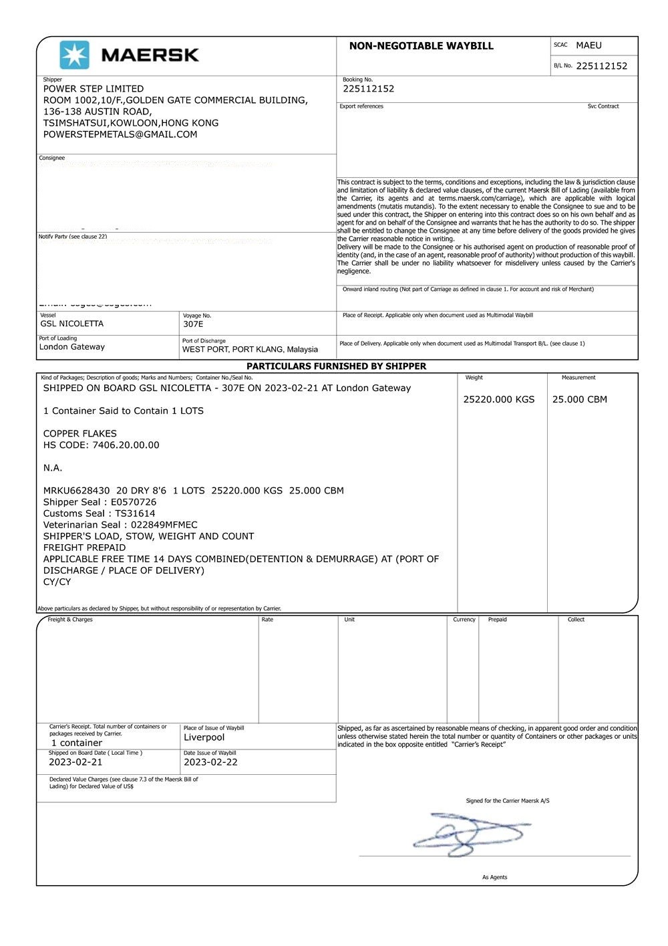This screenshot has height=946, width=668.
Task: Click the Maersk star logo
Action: coord(74,55)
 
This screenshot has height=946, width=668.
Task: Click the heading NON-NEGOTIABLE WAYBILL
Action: coord(421,46)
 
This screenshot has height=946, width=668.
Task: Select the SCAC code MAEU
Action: coord(589,45)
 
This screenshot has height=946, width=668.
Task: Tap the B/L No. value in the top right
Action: coord(601,66)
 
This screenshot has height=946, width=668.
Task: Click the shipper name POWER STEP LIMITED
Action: coord(94,89)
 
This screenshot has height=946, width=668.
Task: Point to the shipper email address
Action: coord(120,134)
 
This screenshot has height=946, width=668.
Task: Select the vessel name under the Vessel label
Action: coord(72,324)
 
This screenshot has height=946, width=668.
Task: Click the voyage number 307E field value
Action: coord(193,324)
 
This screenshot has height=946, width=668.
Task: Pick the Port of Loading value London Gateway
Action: coord(72,347)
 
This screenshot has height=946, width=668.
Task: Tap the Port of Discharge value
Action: coord(250,350)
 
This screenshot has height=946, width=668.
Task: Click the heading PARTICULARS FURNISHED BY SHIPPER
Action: coord(336,366)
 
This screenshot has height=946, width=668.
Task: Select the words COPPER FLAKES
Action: coord(80,434)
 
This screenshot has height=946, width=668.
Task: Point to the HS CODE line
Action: coord(102,445)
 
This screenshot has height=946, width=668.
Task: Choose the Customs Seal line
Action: coord(100,513)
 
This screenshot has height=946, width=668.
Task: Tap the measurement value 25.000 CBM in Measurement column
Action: coord(579,400)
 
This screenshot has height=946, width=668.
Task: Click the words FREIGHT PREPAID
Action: coord(85,548)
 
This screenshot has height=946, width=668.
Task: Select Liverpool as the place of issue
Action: coord(204,737)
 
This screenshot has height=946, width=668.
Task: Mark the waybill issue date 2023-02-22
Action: coord(210,762)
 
